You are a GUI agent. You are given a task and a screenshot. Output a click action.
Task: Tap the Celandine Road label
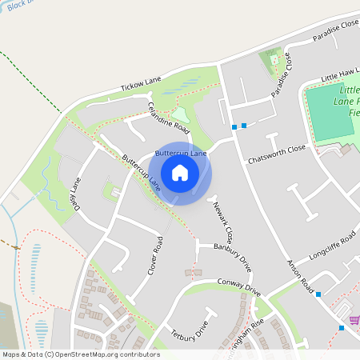tap(168, 118)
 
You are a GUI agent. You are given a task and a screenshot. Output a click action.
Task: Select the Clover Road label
tap(155, 256)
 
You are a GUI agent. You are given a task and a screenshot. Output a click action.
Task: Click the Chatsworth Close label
tap(277, 150)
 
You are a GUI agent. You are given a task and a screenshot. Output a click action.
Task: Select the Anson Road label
tap(301, 279)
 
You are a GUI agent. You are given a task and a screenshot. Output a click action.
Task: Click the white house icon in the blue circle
tap(180, 173)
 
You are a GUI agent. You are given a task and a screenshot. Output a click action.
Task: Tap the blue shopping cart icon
tap(342, 327)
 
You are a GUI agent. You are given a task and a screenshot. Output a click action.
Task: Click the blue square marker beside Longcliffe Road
tap(318, 295)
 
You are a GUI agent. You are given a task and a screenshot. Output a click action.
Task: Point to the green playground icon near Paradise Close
tap(274, 58)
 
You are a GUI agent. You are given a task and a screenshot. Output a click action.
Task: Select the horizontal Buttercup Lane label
tap(181, 152)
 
